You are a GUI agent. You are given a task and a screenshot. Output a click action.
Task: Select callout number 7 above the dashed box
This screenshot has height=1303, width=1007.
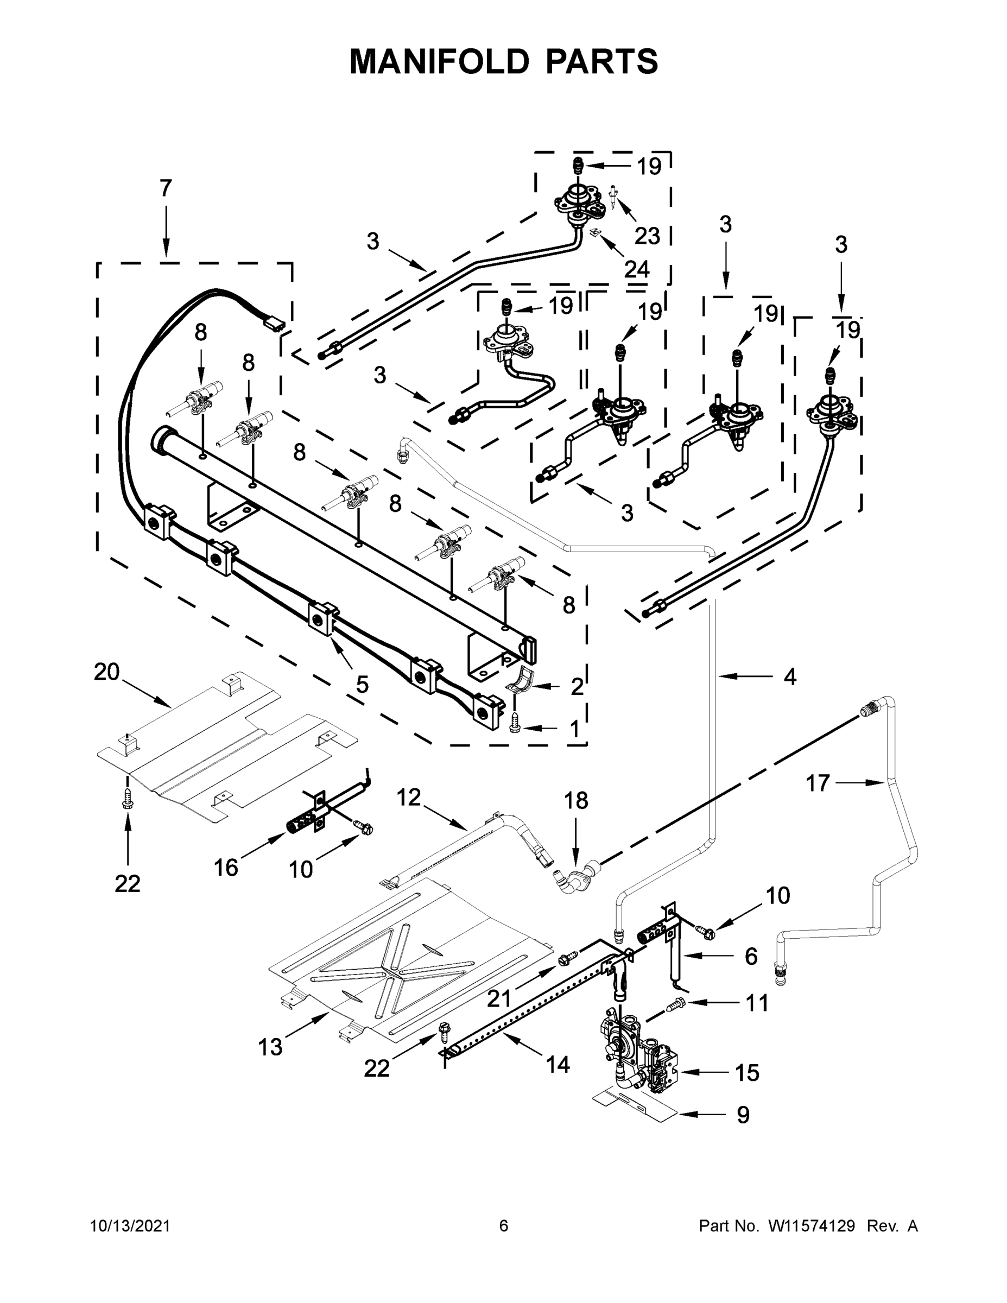coord(166,188)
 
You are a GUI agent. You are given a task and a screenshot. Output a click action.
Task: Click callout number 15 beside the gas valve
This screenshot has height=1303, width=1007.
coord(746,1073)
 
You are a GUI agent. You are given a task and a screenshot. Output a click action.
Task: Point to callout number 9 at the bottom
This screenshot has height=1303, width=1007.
coord(743,1115)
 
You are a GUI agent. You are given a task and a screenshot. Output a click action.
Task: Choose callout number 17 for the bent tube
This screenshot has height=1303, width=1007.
coord(818,783)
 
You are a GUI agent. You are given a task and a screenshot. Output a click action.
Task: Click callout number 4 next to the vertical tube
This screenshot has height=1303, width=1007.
coord(789,676)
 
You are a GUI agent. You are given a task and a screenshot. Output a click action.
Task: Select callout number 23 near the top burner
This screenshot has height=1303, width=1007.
coord(647,236)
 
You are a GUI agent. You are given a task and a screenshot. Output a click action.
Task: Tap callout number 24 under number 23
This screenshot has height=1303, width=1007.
coord(637,270)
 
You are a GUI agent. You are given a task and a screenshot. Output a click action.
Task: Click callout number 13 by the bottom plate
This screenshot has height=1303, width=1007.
coord(270,1047)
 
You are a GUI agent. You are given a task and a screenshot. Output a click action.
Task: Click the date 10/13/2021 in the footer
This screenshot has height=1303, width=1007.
coord(130,1226)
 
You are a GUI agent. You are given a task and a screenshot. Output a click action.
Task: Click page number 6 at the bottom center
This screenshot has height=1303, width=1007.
coord(504,1226)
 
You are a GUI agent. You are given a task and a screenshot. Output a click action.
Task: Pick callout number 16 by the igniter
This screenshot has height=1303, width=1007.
coord(225,868)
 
